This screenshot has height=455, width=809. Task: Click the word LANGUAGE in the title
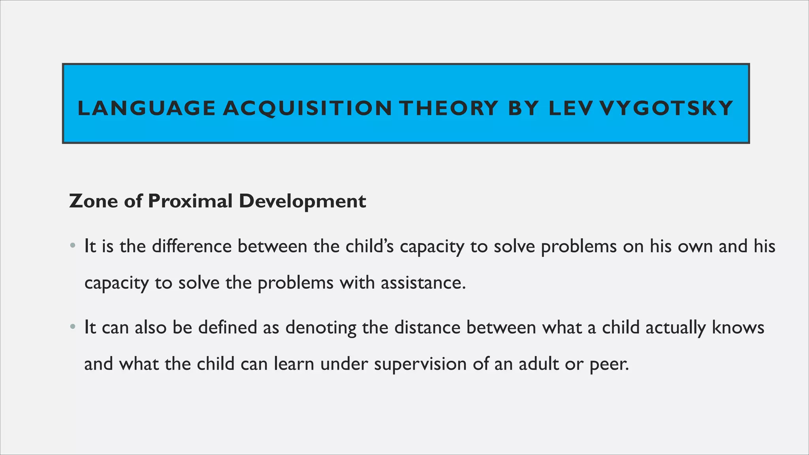147,109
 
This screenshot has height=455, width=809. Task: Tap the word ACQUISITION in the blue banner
307,109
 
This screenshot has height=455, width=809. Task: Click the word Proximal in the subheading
190,201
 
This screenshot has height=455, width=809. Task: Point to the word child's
369,246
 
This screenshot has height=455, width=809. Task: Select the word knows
738,327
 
